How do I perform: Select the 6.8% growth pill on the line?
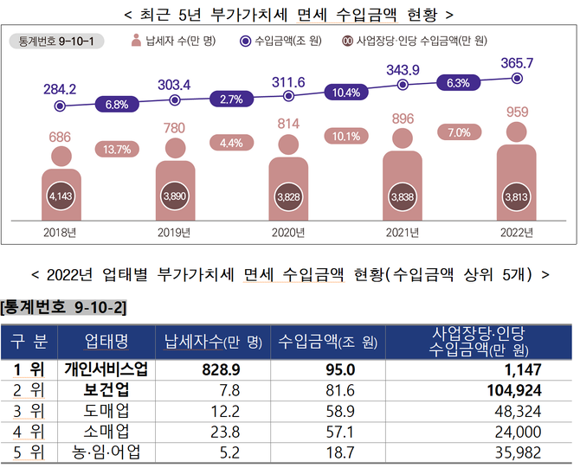(117, 105)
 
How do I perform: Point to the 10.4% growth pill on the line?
(345, 92)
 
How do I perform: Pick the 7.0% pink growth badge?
(459, 132)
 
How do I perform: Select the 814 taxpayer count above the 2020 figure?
(288, 125)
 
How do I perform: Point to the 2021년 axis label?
(403, 232)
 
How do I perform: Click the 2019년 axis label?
(174, 232)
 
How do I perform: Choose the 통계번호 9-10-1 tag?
(55, 41)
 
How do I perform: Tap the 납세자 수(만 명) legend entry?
(173, 41)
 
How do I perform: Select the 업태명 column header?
(106, 341)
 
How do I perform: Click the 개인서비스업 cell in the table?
(106, 369)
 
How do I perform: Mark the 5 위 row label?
(28, 452)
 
